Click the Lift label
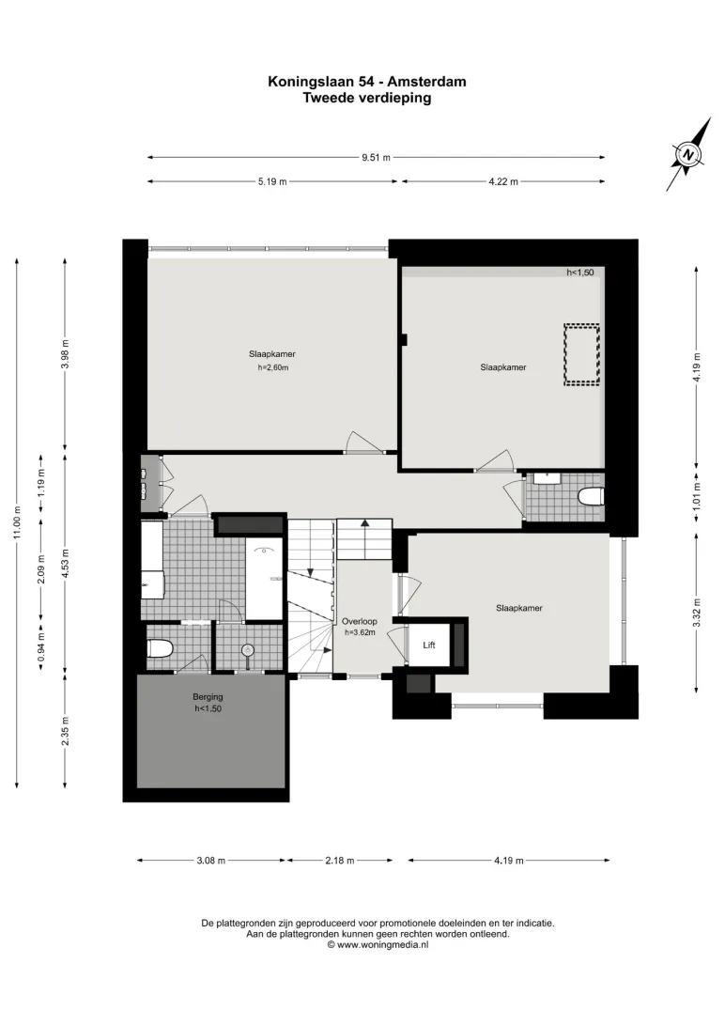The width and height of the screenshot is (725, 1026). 429,645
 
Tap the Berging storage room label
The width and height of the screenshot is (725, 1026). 208,697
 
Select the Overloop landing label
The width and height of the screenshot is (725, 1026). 360,622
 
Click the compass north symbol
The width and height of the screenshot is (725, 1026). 688,155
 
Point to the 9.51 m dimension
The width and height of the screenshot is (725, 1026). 376,158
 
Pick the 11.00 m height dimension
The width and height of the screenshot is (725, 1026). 17,523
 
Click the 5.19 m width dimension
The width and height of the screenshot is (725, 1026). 272,182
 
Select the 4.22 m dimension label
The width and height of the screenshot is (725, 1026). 503,182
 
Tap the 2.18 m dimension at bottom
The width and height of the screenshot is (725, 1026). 340,861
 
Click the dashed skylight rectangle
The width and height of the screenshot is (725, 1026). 582,354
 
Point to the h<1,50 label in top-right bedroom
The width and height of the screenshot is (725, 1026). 580,272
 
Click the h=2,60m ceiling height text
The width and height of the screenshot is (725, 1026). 272,367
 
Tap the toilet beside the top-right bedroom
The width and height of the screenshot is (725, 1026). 591,497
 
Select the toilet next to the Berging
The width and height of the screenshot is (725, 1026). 159,649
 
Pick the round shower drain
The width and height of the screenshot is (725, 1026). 248,650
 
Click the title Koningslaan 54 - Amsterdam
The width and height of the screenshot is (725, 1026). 367,82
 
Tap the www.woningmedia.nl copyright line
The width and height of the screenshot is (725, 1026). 378,945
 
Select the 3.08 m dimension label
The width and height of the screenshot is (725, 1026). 210,861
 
